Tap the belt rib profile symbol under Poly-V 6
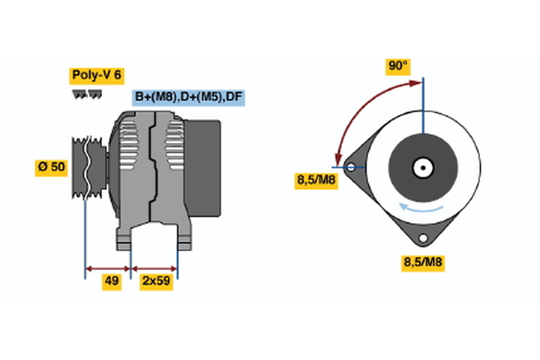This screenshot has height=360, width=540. point(86,93)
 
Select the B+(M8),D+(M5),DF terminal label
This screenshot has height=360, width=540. point(188,96)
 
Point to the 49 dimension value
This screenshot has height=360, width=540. point(112,281)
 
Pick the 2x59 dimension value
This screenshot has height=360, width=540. point(157,281)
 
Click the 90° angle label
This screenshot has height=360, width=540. point(398,66)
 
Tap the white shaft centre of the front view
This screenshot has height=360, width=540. point(422,166)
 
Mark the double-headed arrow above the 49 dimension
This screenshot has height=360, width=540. point(108,267)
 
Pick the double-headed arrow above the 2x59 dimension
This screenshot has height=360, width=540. point(155,267)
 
